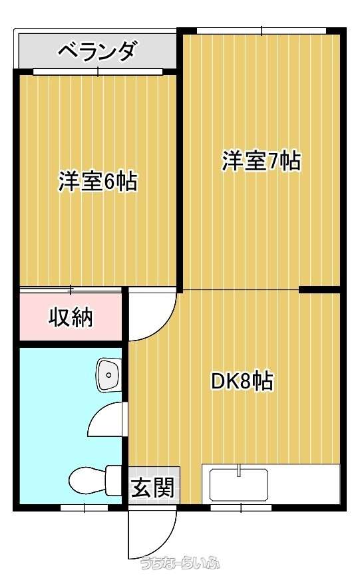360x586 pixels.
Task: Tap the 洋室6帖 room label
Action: [98, 182]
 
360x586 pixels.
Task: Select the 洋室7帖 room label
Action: [262, 161]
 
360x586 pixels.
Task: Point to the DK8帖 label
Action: [242, 381]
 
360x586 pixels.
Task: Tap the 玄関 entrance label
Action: [153, 488]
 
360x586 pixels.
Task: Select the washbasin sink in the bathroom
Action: [109, 374]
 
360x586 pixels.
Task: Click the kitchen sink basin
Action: [239, 485]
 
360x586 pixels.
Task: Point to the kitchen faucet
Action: [238, 470]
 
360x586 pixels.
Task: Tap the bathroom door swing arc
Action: [101, 418]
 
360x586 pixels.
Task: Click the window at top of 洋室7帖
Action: [262, 31]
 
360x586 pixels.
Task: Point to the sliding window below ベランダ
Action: [98, 71]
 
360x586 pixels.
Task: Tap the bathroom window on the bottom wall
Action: [85, 508]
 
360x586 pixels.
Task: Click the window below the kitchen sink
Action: [241, 508]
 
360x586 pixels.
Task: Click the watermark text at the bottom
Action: [180, 563]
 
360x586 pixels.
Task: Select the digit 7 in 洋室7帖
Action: [273, 162]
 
